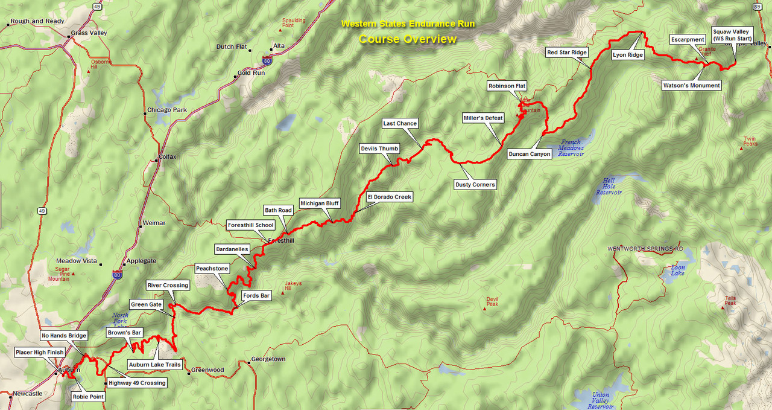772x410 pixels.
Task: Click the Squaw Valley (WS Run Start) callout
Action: pyautogui.click(x=732, y=34)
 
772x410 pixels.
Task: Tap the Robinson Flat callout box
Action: pyautogui.click(x=507, y=86)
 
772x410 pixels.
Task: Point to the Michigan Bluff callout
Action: pyautogui.click(x=320, y=203)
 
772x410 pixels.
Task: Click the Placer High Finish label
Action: pyautogui.click(x=40, y=352)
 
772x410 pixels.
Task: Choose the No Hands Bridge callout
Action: pyautogui.click(x=64, y=335)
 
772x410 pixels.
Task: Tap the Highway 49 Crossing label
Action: pyautogui.click(x=136, y=383)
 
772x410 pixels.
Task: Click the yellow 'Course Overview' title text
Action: pyautogui.click(x=408, y=39)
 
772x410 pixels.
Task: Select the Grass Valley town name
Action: pyautogui.click(x=89, y=33)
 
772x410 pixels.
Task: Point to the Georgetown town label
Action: pyautogui.click(x=268, y=359)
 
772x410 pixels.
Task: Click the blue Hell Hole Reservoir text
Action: pyautogui.click(x=609, y=187)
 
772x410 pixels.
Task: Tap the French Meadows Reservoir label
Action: pyautogui.click(x=571, y=148)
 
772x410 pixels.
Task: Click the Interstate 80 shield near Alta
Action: pyautogui.click(x=267, y=60)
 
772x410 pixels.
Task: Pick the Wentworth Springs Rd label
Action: pyautogui.click(x=645, y=249)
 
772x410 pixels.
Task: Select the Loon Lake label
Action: pyautogui.click(x=678, y=270)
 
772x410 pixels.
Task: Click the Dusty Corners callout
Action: pyautogui.click(x=475, y=185)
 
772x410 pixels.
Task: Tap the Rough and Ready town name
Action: pyautogui.click(x=37, y=21)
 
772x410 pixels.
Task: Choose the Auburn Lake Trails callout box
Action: pyautogui.click(x=154, y=365)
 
